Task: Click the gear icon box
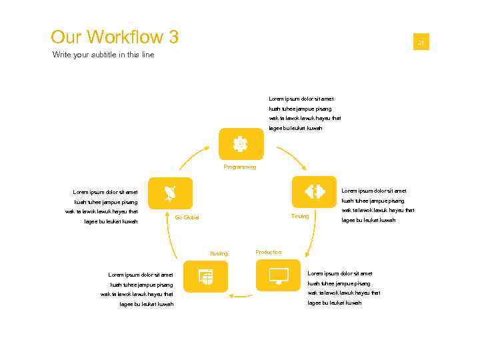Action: [x=240, y=144]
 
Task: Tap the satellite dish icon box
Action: [x=170, y=193]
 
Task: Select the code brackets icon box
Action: [x=314, y=192]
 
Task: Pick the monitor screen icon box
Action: [x=279, y=275]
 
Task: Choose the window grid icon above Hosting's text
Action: [x=205, y=276]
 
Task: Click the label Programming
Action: [x=240, y=167]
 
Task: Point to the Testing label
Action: [x=300, y=216]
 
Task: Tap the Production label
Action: [x=269, y=252]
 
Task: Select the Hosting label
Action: [x=219, y=253]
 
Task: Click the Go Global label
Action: [x=187, y=217]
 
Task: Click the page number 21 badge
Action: [x=421, y=43]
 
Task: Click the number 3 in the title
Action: [x=173, y=37]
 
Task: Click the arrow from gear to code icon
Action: [x=292, y=157]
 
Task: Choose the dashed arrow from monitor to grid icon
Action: [x=241, y=295]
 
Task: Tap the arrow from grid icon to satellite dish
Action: [x=170, y=241]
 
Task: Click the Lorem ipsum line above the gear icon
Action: [x=297, y=99]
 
